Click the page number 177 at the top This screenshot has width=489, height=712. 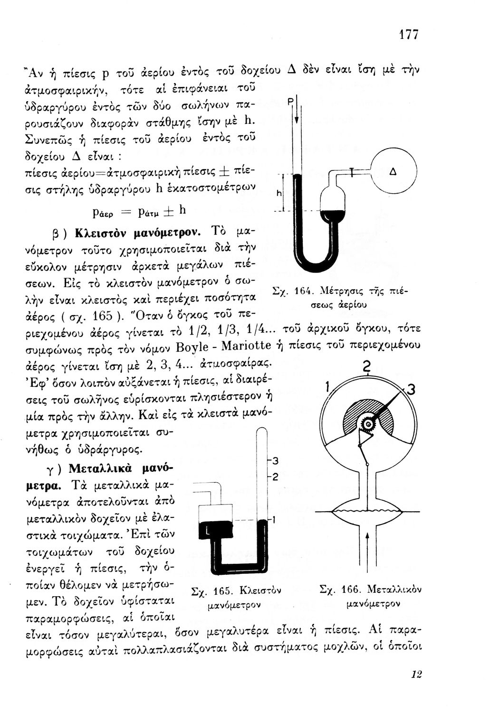click(x=408, y=34)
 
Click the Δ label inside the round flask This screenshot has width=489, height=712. click(x=393, y=173)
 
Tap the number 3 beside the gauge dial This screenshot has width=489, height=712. click(x=412, y=390)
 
